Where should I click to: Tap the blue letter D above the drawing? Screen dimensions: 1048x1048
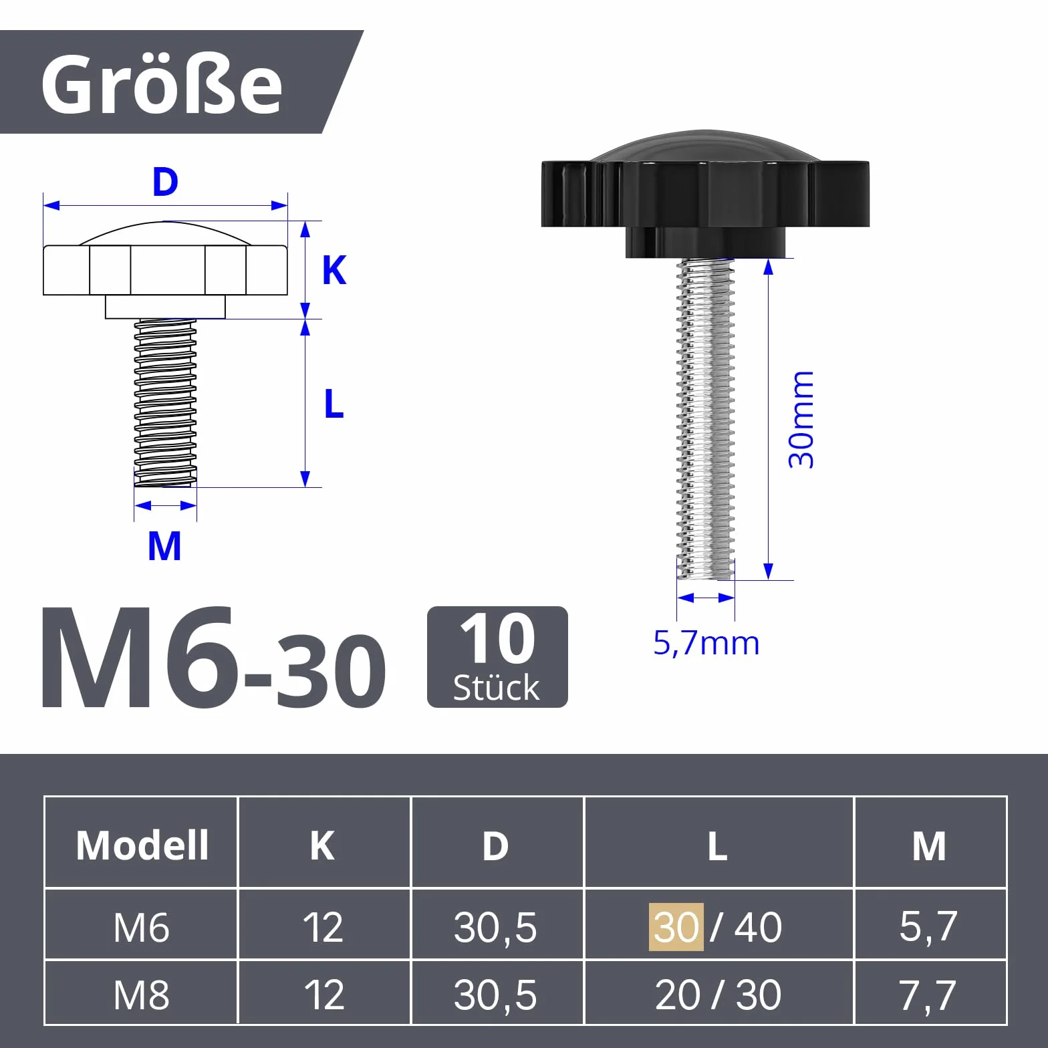tap(165, 182)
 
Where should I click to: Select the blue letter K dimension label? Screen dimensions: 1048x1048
tap(334, 270)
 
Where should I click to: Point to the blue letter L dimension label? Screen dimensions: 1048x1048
tap(334, 404)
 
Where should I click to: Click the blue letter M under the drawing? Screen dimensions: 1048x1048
tap(164, 546)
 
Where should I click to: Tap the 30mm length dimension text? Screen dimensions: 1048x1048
tap(801, 420)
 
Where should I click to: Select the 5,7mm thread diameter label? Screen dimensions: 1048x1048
tap(706, 643)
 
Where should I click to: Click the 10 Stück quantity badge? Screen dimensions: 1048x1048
tap(497, 656)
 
